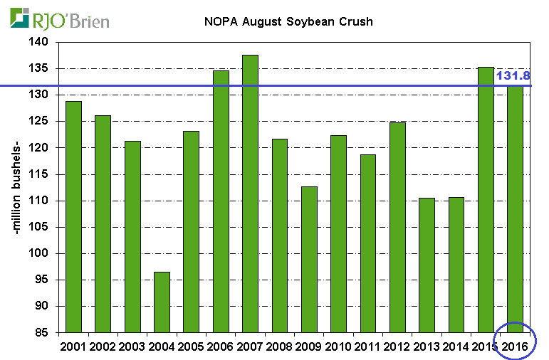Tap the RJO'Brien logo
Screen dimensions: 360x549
point(61,19)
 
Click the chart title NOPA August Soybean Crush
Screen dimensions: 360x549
point(285,21)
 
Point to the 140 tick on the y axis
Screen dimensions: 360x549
point(41,42)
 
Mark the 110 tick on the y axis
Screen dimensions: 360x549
point(41,201)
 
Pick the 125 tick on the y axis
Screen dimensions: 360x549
point(41,121)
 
